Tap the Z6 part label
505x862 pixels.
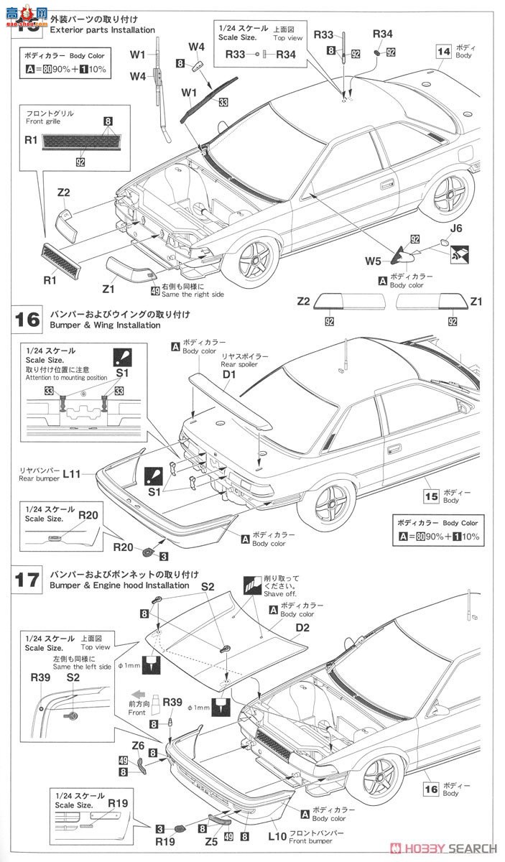139,745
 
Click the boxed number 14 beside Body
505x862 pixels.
443,51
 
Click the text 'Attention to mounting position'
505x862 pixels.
66,377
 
